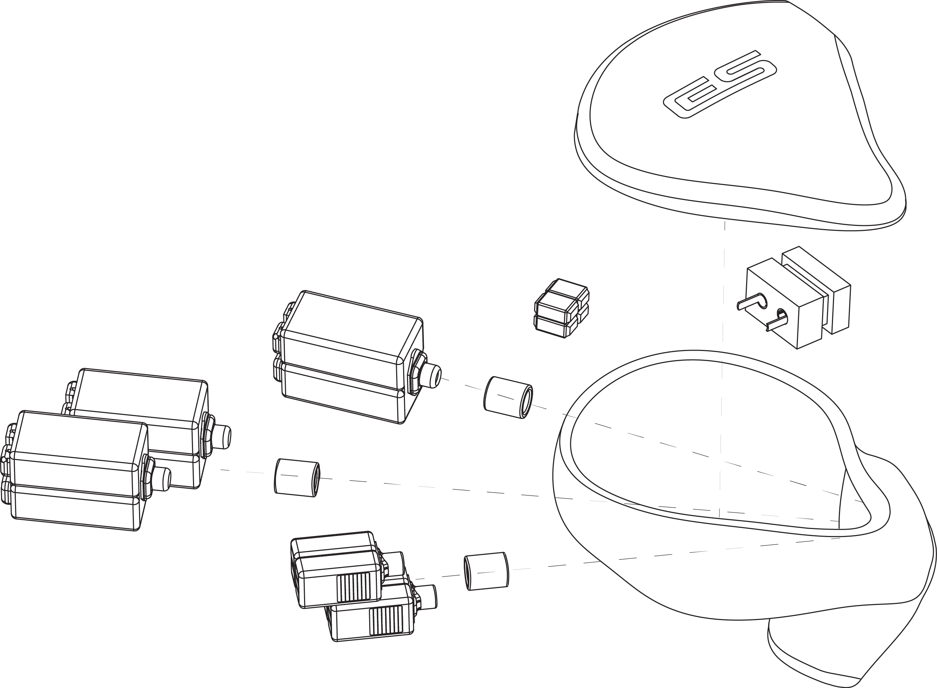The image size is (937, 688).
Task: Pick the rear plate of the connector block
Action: click(x=816, y=290)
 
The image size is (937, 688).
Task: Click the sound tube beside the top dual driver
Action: click(x=508, y=397)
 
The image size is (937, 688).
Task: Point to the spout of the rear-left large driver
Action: click(x=223, y=437)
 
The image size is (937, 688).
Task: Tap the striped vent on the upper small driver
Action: click(x=353, y=587)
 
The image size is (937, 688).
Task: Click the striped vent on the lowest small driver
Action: click(x=386, y=620)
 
